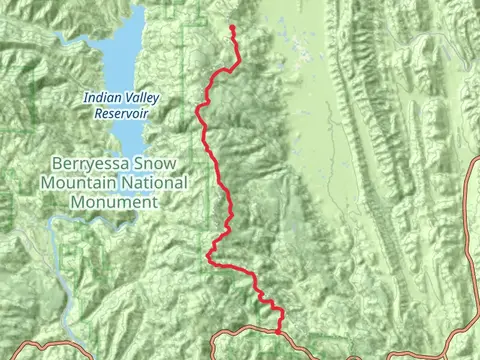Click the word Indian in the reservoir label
[101, 98]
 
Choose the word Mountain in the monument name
[78, 184]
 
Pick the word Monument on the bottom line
[114, 201]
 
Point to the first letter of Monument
[76, 201]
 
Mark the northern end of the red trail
[232, 27]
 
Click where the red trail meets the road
[278, 331]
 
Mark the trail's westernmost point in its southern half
[208, 257]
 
